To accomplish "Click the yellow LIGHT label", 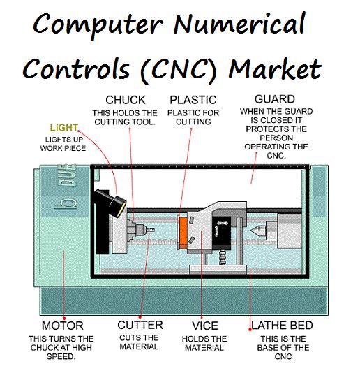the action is point(64,128).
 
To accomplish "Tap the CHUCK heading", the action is point(125,100).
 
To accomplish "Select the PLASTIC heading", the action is point(193,100).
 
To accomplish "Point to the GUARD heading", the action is point(275,99).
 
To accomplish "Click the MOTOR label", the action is point(63,326).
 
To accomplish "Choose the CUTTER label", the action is point(140,325).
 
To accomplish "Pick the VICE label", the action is point(205,326).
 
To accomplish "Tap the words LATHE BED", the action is point(282,326).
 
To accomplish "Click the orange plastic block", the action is point(183,232).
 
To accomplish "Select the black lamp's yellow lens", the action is point(122,209).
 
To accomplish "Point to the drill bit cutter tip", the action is point(151,230).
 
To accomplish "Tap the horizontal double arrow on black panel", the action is point(222,224).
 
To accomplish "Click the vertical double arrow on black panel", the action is point(216,231).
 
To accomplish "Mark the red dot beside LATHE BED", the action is point(250,330).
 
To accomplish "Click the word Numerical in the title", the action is point(239,24).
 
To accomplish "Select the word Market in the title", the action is point(275,69).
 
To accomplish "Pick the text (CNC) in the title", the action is point(178,70).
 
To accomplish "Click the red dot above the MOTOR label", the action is point(64,318).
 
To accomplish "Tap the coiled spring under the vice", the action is point(223,257).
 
